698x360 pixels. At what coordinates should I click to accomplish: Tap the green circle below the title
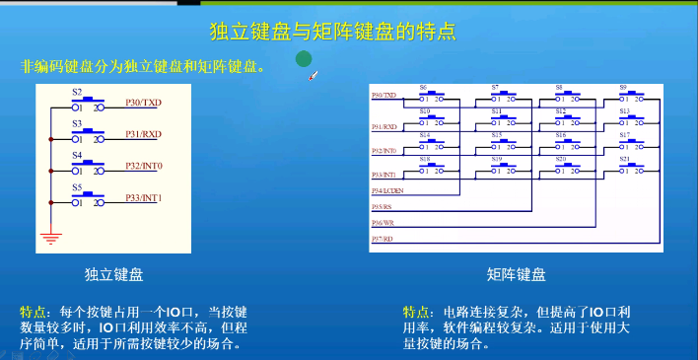point(306,60)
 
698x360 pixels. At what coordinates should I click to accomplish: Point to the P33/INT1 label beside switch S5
point(144,198)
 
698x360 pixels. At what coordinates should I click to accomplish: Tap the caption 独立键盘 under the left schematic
point(121,273)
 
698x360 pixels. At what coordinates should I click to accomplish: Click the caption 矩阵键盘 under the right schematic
point(516,273)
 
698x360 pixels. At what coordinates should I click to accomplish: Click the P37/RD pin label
point(383,239)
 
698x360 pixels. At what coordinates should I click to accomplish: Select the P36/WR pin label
point(383,223)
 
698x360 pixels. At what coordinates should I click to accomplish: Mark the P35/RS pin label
point(382,207)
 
